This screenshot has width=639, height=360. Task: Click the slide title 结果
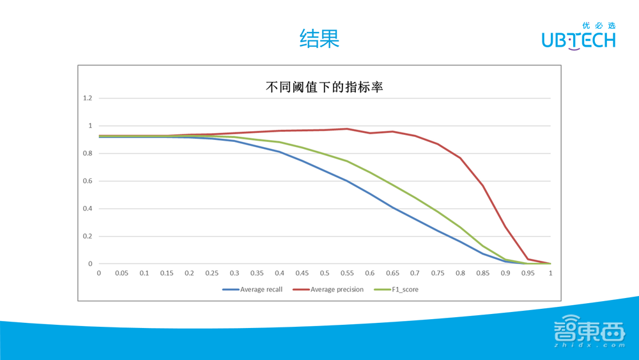319,39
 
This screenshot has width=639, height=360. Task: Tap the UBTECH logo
578,37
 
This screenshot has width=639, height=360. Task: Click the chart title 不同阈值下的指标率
324,87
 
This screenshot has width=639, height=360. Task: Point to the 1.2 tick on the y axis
88,98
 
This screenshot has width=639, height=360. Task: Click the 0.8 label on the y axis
88,153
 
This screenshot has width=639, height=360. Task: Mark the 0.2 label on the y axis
88,237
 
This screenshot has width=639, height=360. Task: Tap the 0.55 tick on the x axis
347,273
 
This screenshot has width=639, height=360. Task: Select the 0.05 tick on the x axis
121,273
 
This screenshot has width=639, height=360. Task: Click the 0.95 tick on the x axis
528,273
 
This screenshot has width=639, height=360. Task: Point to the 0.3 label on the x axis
235,273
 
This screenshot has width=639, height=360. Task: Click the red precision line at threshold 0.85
482,185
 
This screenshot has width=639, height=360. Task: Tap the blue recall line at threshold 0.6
370,194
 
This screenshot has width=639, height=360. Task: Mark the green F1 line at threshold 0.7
415,198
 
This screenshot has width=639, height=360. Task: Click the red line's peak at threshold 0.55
347,129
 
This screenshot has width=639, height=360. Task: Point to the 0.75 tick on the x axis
438,273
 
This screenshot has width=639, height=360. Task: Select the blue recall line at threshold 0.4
279,152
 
